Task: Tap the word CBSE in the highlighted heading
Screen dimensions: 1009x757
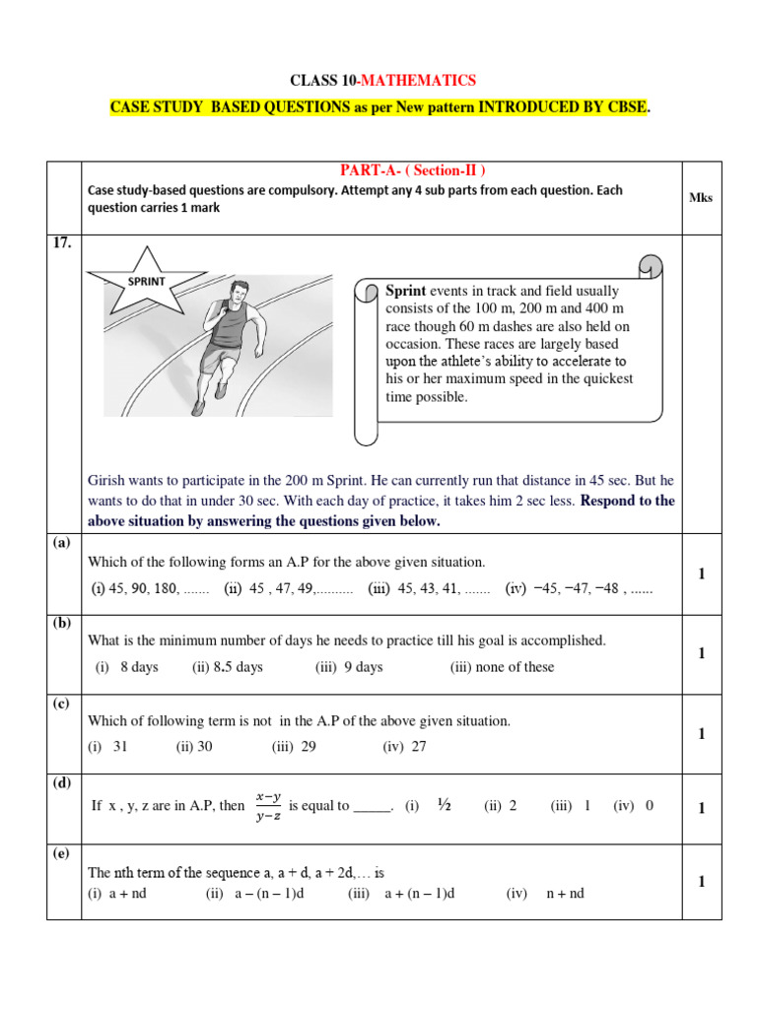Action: pyautogui.click(x=622, y=107)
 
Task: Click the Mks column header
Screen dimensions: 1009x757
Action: pyautogui.click(x=701, y=197)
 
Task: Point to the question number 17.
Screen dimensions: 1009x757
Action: pyautogui.click(x=62, y=244)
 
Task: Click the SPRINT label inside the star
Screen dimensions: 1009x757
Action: pyautogui.click(x=144, y=281)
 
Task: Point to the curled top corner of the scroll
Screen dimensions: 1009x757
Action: pyautogui.click(x=650, y=267)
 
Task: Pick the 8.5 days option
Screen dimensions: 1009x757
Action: pyautogui.click(x=228, y=667)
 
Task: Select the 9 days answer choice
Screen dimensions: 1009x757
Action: pyautogui.click(x=349, y=667)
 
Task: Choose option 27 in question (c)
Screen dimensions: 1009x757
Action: pyautogui.click(x=405, y=746)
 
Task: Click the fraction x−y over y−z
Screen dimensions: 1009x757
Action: pyautogui.click(x=268, y=805)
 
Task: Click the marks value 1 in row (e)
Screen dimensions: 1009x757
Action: pyautogui.click(x=701, y=882)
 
